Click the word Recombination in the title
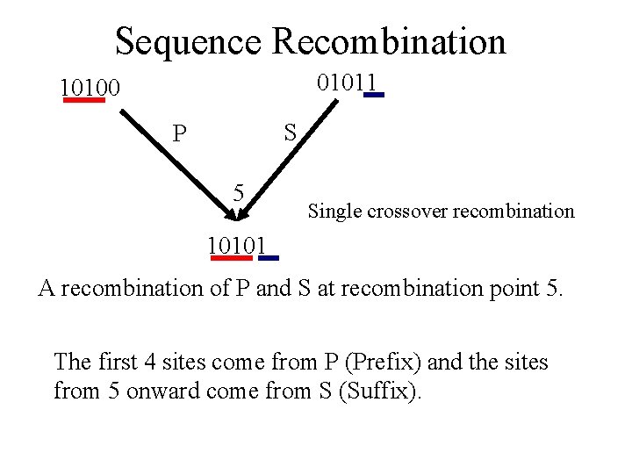pyautogui.click(x=389, y=41)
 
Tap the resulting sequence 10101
pyautogui.click(x=237, y=244)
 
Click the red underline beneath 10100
pyautogui.click(x=84, y=100)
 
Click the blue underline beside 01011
pyautogui.click(x=374, y=94)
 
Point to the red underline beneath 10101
pyautogui.click(x=231, y=258)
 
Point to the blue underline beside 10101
pyautogui.click(x=269, y=258)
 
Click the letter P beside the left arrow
pyautogui.click(x=179, y=134)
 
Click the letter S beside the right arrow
pyautogui.click(x=291, y=133)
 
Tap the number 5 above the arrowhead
pyautogui.click(x=238, y=192)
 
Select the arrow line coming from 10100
pyautogui.click(x=176, y=162)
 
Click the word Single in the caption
pyautogui.click(x=328, y=212)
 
